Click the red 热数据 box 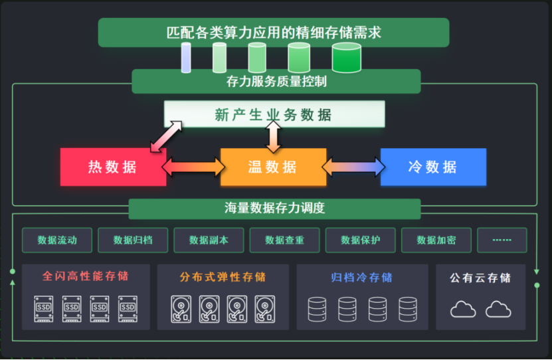(113, 167)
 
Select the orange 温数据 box (273, 167)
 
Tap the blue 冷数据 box (433, 167)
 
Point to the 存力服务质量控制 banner (276, 82)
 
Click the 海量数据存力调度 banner (274, 209)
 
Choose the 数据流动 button (57, 240)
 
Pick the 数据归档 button (133, 240)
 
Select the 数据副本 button (209, 240)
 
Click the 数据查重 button (284, 240)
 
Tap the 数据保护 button (361, 240)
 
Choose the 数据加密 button (436, 240)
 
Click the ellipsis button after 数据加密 (502, 240)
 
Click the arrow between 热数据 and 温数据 (193, 167)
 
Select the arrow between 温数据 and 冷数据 (353, 167)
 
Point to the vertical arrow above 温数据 (273, 137)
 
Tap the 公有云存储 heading (480, 278)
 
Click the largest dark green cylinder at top (346, 58)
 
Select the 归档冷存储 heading (361, 277)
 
